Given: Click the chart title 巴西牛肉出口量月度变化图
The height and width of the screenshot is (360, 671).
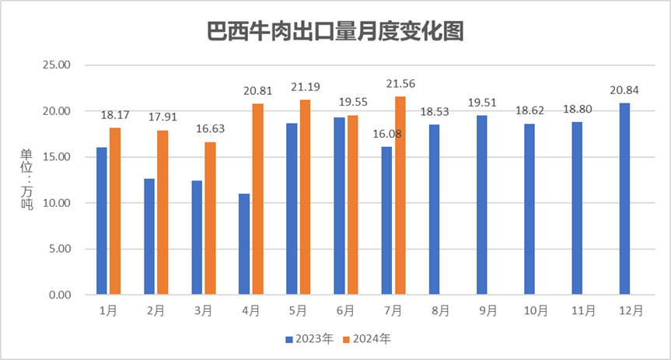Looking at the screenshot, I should (x=335, y=33).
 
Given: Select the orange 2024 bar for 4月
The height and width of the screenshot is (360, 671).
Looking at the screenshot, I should (x=257, y=199).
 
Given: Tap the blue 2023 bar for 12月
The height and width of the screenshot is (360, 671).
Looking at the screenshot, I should (x=624, y=199).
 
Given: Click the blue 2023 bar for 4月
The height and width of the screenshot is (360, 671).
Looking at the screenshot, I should (x=244, y=244).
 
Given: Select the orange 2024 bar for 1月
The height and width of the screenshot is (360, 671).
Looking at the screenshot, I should (x=115, y=211).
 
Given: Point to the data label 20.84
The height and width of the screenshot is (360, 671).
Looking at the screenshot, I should (x=624, y=91).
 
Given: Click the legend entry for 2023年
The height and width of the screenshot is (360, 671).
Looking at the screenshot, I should (x=309, y=339).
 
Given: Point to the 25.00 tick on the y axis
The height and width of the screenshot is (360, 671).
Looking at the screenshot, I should (x=55, y=65).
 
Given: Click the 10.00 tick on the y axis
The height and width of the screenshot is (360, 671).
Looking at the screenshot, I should (x=55, y=204).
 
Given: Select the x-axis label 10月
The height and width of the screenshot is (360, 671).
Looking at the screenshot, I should (x=534, y=310).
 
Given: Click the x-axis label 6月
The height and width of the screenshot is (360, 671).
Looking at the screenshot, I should (x=346, y=310).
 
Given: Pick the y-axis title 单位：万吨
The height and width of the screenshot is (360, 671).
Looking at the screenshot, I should (x=26, y=180).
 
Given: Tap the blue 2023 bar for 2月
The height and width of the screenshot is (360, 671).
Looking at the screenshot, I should (x=149, y=237).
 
